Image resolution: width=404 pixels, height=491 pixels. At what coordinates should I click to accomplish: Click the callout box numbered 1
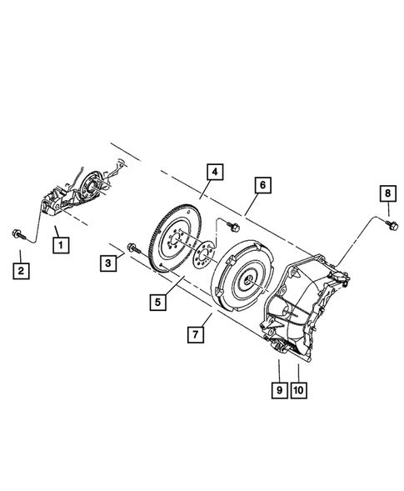point(60,245)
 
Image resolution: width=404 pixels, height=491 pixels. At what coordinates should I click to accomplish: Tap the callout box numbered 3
point(107,263)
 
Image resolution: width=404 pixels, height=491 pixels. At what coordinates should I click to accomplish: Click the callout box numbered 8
point(388,194)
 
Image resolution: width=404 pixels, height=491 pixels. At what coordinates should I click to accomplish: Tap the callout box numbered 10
point(298,388)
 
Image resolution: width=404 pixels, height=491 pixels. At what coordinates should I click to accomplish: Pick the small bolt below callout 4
point(233,226)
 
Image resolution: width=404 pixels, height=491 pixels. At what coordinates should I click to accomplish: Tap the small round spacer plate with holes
point(200,254)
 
